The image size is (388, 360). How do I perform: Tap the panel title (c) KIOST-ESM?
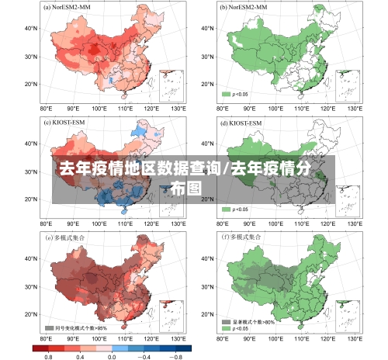click(67, 123)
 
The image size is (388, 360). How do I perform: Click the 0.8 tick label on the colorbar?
click(48, 355)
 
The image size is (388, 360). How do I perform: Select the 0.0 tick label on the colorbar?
click(112, 355)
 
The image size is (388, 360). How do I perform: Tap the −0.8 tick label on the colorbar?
click(176, 355)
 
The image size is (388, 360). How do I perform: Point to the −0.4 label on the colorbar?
click(144, 355)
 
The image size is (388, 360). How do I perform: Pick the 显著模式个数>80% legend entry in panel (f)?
click(248, 320)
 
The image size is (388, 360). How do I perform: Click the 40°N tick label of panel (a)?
click(31, 28)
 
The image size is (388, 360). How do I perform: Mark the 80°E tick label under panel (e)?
click(46, 339)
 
